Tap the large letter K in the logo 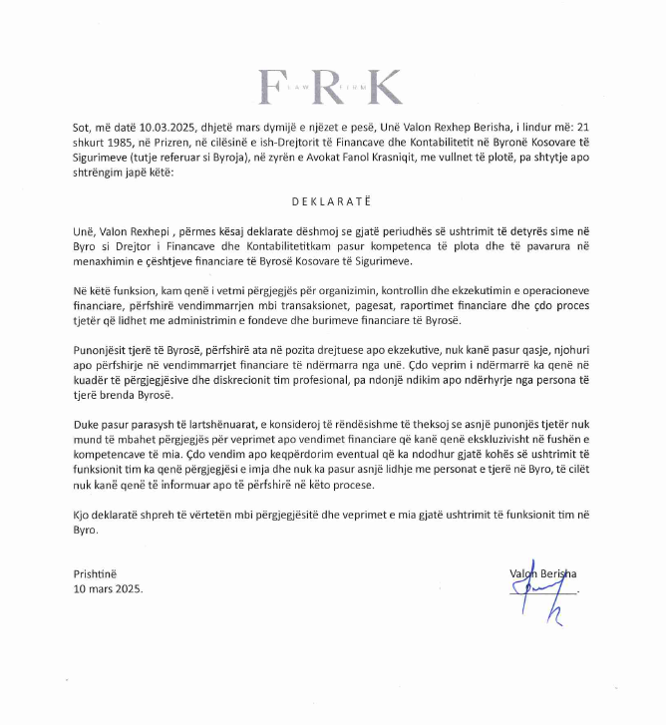(384, 87)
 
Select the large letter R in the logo (327, 87)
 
